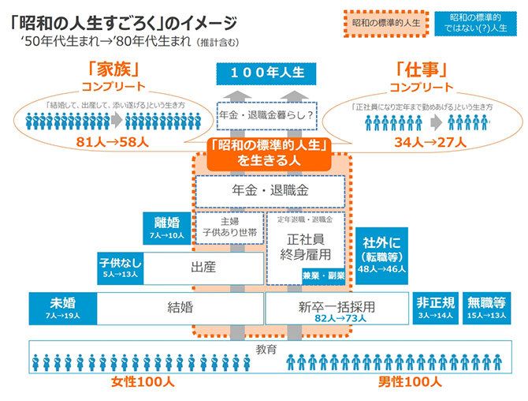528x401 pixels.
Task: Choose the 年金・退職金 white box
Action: (270, 190)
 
